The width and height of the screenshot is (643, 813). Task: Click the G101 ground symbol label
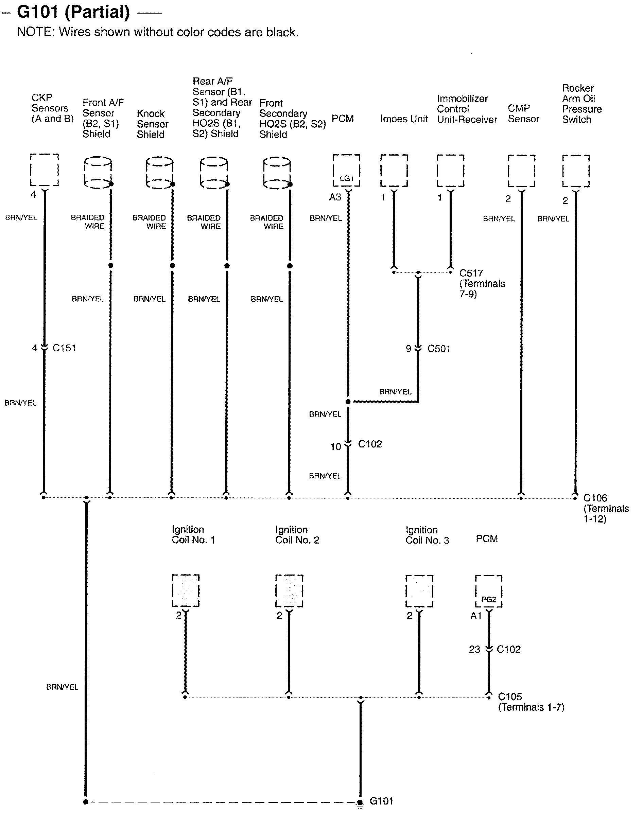381,800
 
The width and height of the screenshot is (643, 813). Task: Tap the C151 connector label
64,348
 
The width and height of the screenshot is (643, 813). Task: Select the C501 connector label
439,349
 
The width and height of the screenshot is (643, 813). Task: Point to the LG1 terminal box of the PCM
346,171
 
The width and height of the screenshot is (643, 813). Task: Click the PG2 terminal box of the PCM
489,591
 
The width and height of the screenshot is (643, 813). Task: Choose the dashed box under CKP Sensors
44,170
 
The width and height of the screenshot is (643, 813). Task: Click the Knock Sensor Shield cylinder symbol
160,172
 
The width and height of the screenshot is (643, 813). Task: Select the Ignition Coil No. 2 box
289,590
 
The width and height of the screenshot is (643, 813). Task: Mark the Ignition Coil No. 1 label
193,534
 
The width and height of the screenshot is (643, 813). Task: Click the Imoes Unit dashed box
394,171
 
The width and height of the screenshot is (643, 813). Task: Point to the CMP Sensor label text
523,113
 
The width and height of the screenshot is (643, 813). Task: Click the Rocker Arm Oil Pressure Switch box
576,171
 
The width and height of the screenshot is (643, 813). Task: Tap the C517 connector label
471,273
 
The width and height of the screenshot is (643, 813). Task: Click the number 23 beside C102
474,649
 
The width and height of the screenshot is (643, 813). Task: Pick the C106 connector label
595,498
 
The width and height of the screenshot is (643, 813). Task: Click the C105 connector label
510,697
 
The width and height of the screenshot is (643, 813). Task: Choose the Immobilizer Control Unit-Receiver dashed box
451,171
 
